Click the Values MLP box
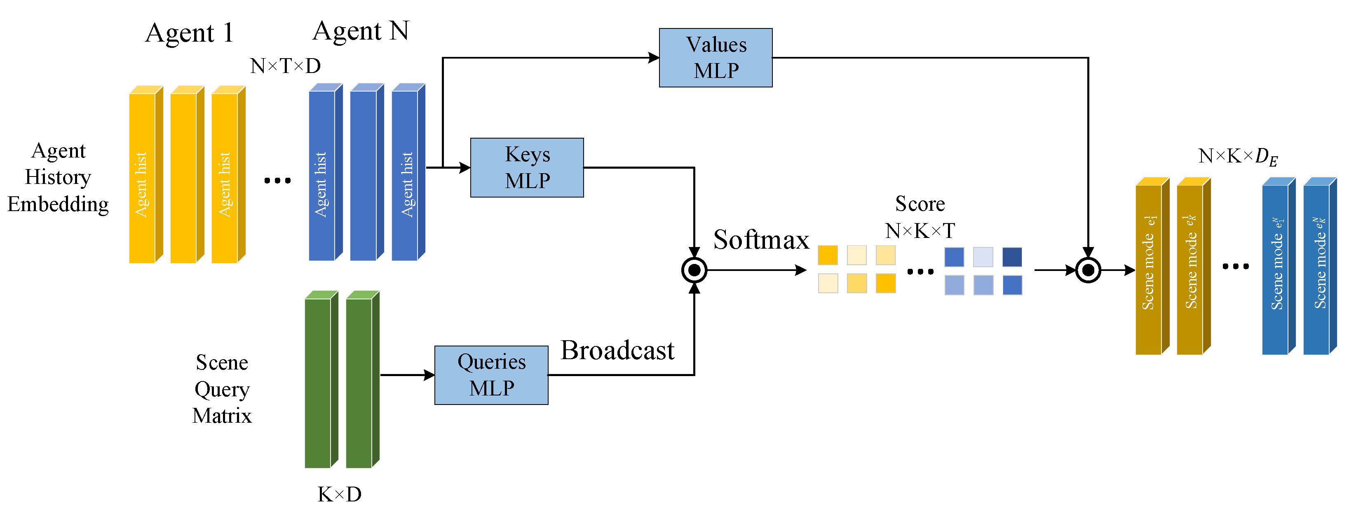click(x=716, y=58)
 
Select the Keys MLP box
click(x=527, y=168)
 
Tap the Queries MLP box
click(x=491, y=375)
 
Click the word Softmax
click(x=761, y=240)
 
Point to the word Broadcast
click(x=617, y=351)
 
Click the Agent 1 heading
click(x=189, y=33)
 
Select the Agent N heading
click(x=361, y=31)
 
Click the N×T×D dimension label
click(x=285, y=66)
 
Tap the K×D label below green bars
click(x=339, y=494)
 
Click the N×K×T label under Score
click(x=920, y=231)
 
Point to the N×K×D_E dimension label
click(x=1238, y=156)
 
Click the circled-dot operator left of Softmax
click(x=694, y=271)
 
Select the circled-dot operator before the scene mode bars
click(x=1088, y=271)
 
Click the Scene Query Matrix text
click(x=222, y=389)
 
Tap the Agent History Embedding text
click(x=58, y=177)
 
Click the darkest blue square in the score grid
click(x=1012, y=257)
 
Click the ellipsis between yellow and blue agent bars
click(x=277, y=181)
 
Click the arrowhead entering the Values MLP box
click(x=654, y=58)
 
